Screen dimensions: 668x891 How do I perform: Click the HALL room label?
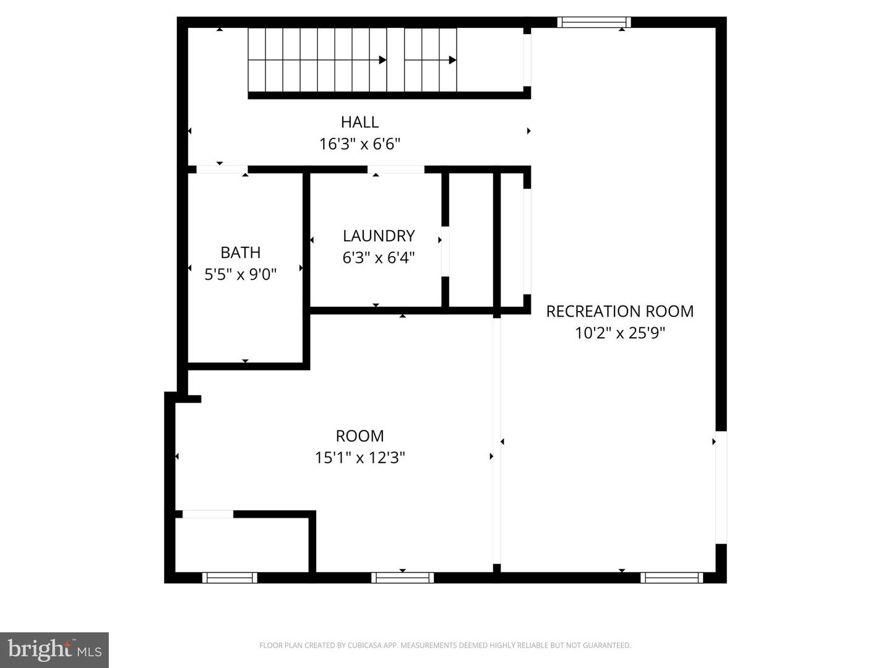[359, 122]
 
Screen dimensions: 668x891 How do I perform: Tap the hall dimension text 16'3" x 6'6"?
[359, 144]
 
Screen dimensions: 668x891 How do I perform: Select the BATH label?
[240, 252]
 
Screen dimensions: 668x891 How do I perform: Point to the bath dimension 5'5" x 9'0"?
[240, 274]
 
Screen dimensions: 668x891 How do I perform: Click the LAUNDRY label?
[378, 236]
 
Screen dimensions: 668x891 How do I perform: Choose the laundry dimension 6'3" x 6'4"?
[378, 257]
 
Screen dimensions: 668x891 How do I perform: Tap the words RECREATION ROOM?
[619, 311]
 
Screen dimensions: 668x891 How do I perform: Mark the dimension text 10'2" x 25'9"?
[619, 333]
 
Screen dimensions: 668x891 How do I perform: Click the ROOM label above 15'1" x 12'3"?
[359, 436]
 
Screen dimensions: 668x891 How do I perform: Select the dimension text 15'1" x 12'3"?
[359, 458]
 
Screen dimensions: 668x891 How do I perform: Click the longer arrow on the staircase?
[317, 60]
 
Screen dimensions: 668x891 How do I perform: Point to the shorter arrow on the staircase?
[431, 60]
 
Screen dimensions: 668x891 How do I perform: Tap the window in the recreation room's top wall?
[594, 22]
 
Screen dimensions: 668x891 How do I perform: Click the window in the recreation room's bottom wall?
[671, 578]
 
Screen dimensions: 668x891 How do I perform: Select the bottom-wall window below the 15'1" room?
[402, 578]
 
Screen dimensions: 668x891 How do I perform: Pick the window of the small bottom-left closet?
[230, 578]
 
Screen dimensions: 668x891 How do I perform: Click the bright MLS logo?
[54, 649]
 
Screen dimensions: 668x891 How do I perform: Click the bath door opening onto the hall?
[222, 169]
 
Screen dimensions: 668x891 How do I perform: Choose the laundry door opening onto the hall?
[396, 169]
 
